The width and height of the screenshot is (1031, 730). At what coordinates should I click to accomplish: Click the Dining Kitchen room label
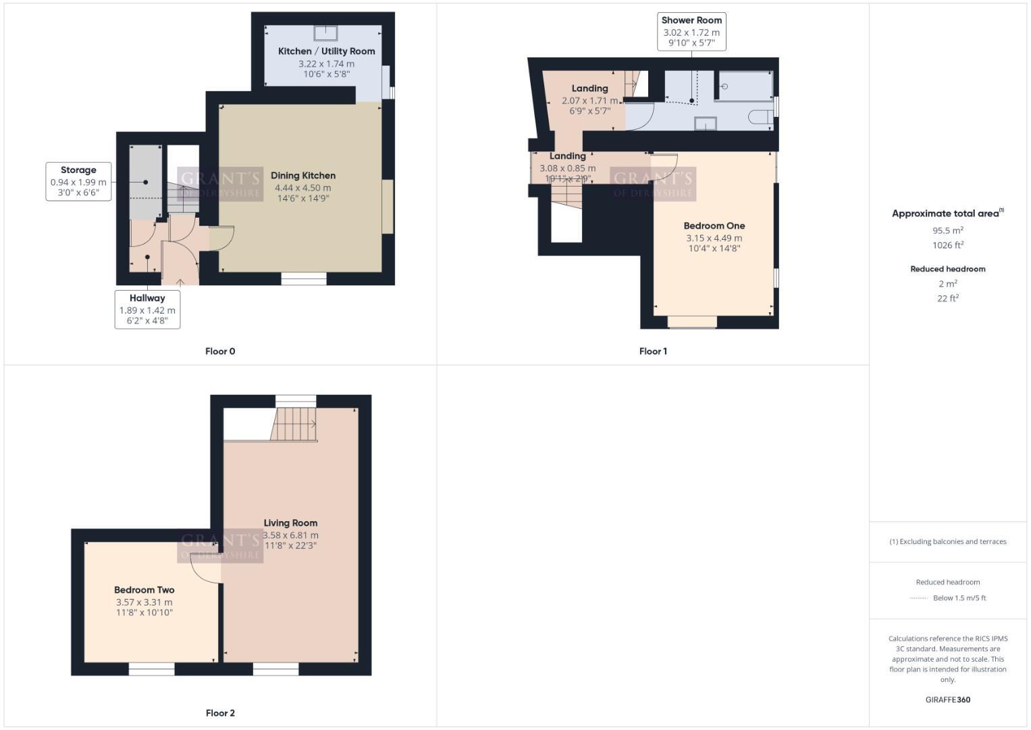pyautogui.click(x=303, y=176)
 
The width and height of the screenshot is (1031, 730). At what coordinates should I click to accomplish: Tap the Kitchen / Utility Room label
pyautogui.click(x=326, y=51)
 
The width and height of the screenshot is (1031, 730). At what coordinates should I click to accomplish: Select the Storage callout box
pyautogui.click(x=78, y=181)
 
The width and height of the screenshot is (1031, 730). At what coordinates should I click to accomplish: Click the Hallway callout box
pyautogui.click(x=147, y=309)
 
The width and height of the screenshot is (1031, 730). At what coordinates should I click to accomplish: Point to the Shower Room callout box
pyautogui.click(x=691, y=32)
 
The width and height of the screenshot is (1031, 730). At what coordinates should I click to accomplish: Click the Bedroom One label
pyautogui.click(x=714, y=226)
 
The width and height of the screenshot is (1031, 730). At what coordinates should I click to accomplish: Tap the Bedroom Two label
pyautogui.click(x=144, y=590)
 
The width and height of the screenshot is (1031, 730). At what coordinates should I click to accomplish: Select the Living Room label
pyautogui.click(x=290, y=523)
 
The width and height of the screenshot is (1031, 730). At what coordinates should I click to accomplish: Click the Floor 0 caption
pyautogui.click(x=220, y=351)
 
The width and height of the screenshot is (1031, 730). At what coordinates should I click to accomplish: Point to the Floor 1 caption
pyautogui.click(x=653, y=351)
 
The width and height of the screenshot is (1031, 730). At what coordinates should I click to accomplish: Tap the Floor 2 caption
pyautogui.click(x=220, y=713)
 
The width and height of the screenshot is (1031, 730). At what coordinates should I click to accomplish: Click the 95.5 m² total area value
pyautogui.click(x=948, y=230)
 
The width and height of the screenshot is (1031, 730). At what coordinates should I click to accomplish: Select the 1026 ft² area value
pyautogui.click(x=948, y=245)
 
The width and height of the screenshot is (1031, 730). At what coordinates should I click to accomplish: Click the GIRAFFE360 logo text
pyautogui.click(x=947, y=700)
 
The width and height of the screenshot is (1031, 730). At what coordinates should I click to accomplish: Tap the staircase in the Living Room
pyautogui.click(x=294, y=424)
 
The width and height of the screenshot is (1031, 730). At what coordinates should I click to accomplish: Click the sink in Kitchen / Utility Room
pyautogui.click(x=326, y=32)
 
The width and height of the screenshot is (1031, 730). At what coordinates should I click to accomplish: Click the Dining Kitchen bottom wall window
pyautogui.click(x=304, y=278)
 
